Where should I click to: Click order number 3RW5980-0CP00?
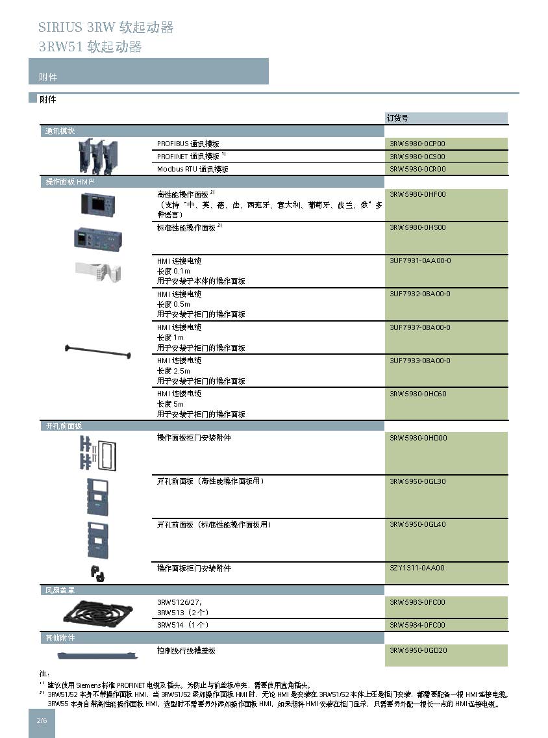point(417,144)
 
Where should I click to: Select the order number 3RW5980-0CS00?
point(417,157)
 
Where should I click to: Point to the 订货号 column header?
point(397,118)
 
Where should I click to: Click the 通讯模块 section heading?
point(60,131)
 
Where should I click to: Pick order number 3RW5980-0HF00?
point(417,194)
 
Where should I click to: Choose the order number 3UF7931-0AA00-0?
point(420,261)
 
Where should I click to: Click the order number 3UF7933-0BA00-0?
point(420,361)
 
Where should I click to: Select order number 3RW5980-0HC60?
point(417,394)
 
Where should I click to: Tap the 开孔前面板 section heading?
point(64,426)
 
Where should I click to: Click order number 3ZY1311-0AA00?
point(417,568)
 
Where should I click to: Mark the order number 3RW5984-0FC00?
point(417,625)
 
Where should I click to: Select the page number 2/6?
point(42,720)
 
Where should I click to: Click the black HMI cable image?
point(98,355)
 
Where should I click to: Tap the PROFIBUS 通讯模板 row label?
point(188,144)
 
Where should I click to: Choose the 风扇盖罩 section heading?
point(60,591)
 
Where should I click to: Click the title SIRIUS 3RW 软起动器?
point(106,27)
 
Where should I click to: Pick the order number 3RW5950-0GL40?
point(417,524)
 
